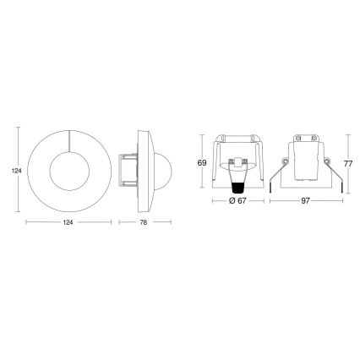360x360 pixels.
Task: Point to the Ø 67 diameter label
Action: [x=237, y=202]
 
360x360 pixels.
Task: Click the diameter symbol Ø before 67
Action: [x=231, y=202]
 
